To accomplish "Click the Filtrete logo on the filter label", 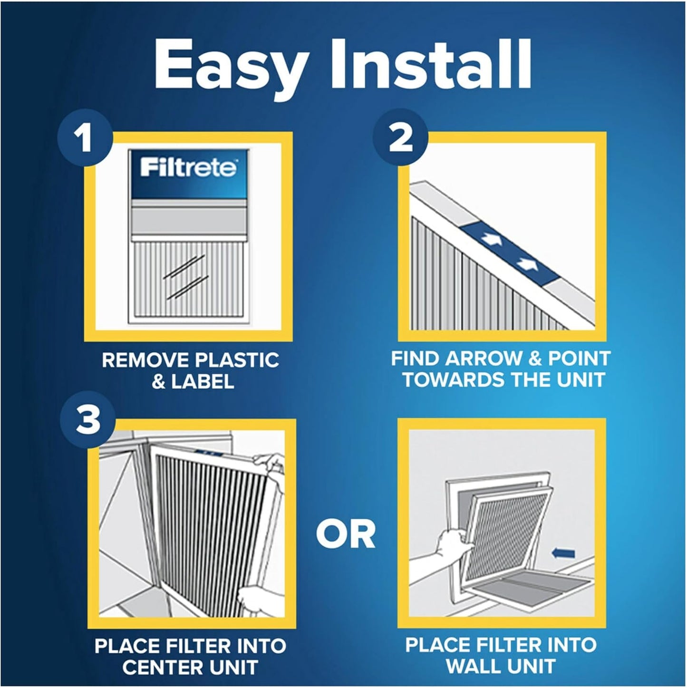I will pos(188,169).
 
